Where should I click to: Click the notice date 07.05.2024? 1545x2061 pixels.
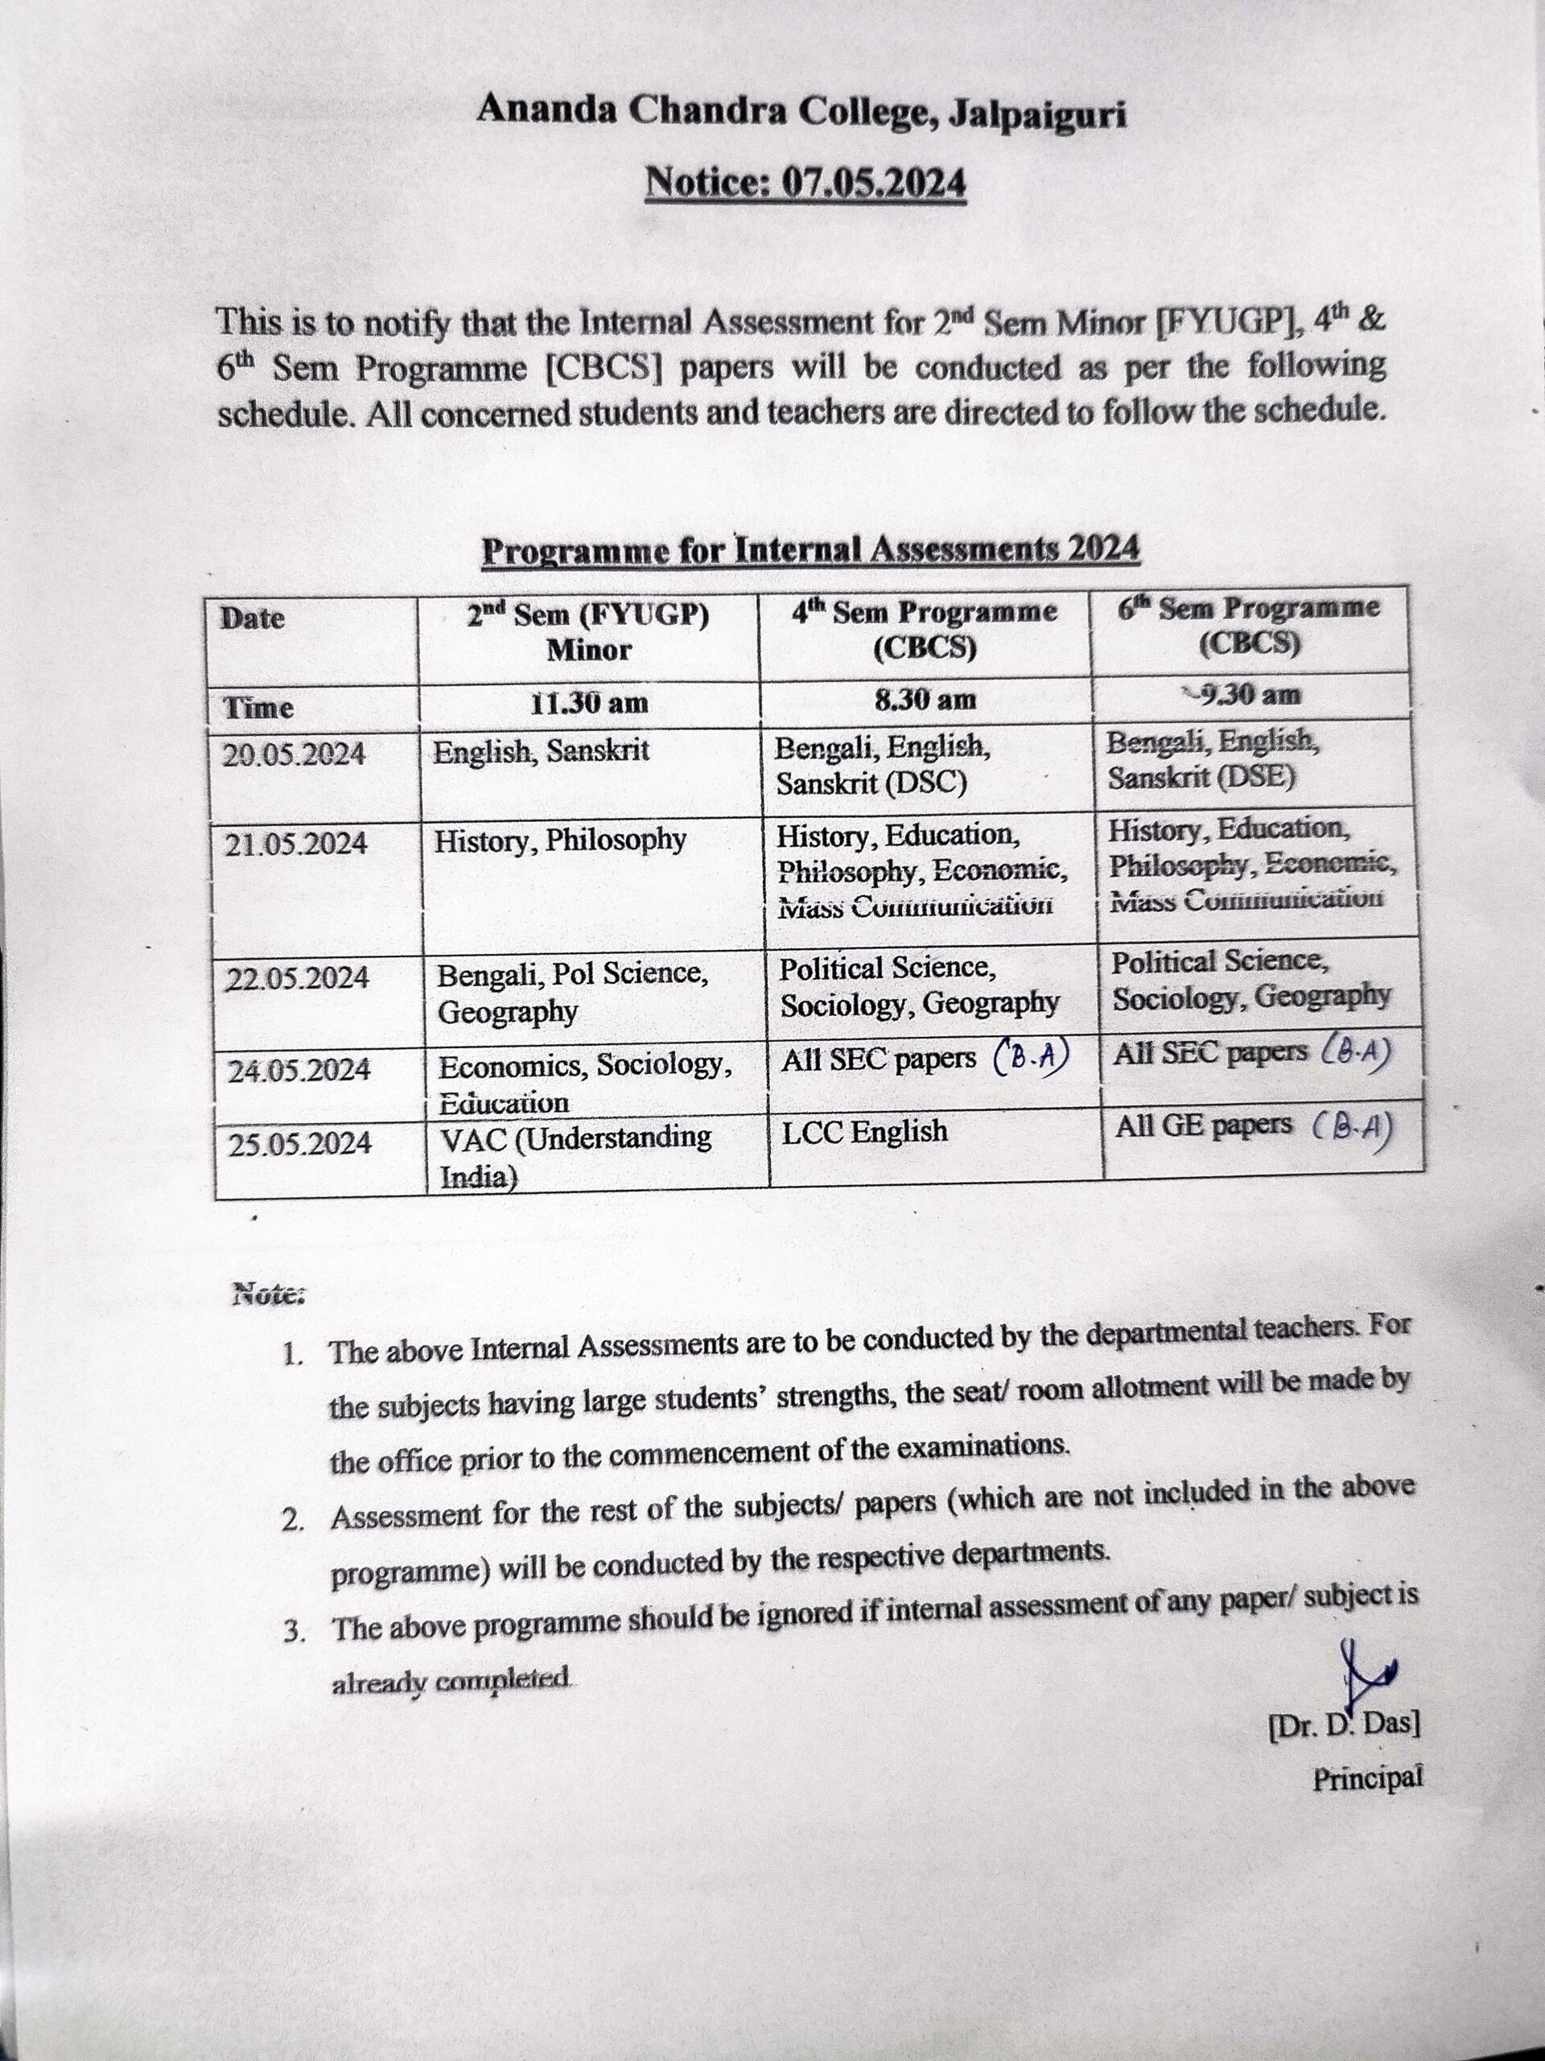[805, 183]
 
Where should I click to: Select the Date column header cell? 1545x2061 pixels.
[253, 618]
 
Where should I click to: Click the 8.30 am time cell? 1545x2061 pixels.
[925, 699]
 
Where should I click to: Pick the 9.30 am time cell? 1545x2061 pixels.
[1250, 694]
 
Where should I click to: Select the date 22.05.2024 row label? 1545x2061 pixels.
[298, 978]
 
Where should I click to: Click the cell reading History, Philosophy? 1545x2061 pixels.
[560, 841]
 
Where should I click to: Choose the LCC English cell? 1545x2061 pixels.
[864, 1132]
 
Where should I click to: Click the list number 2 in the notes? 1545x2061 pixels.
[295, 1521]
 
